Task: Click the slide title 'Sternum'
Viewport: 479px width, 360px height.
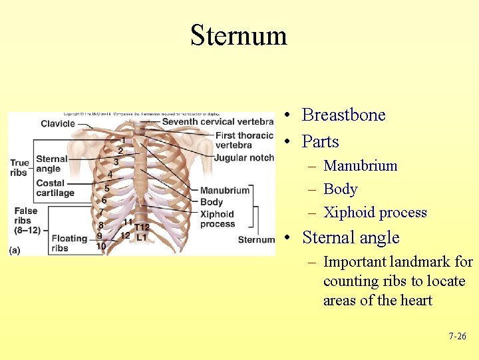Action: (238, 35)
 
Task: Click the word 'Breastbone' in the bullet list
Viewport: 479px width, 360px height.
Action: (343, 115)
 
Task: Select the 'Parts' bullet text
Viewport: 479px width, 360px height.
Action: (320, 141)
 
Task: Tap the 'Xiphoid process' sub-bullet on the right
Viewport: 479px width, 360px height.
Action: (375, 213)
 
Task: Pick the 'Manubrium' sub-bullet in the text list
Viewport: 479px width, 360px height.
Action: (360, 165)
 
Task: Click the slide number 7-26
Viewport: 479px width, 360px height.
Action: (457, 337)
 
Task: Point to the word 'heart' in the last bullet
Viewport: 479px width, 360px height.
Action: (416, 300)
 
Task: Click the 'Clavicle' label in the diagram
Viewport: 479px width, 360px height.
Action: (58, 123)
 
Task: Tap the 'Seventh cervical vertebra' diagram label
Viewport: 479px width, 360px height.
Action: (218, 121)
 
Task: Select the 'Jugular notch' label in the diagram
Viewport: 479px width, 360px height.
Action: (243, 158)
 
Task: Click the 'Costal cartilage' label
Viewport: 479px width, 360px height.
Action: (55, 188)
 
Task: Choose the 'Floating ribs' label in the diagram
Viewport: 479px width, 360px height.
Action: (69, 243)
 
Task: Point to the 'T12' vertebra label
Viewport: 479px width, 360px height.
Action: (142, 227)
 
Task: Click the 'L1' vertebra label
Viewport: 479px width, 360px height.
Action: (141, 237)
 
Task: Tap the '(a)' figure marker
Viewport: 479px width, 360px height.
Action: (15, 250)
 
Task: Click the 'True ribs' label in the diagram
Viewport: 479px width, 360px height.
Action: (20, 167)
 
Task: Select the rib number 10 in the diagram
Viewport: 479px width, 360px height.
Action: (101, 246)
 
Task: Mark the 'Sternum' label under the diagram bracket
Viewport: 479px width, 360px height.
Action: (256, 240)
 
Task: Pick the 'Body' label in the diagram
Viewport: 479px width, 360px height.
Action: (212, 202)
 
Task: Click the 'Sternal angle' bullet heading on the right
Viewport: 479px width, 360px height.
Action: (351, 237)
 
